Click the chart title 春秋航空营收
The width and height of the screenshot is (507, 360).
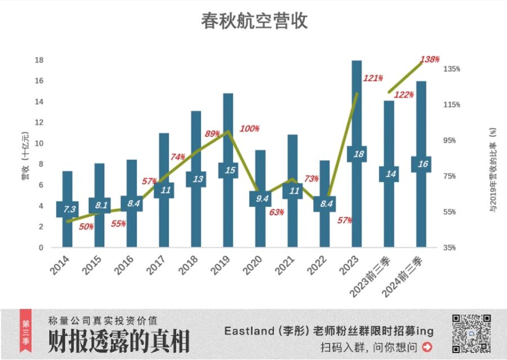click(254, 21)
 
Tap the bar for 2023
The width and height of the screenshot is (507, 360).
click(357, 113)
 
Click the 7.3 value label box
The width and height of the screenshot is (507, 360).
click(68, 209)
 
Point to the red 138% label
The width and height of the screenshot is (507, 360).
click(430, 59)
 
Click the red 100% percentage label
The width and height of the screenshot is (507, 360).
click(250, 128)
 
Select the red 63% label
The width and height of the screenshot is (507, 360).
click(276, 212)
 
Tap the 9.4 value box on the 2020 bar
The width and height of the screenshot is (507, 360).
click(260, 198)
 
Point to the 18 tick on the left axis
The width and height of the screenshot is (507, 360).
click(39, 60)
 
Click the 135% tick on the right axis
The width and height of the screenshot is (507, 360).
click(452, 69)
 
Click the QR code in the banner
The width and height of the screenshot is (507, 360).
click(471, 334)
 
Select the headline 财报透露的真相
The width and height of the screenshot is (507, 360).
click(119, 341)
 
